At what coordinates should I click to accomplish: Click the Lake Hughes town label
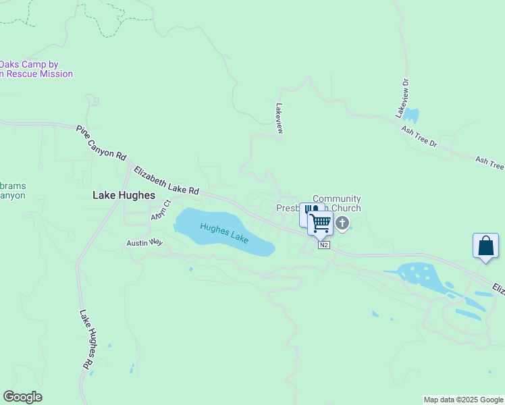(124, 195)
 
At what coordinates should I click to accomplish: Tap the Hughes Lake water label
(224, 234)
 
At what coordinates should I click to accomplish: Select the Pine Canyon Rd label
(101, 142)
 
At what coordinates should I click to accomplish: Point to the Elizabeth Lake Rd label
(167, 181)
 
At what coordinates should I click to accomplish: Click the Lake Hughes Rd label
(86, 340)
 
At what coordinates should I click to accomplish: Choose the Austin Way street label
(145, 242)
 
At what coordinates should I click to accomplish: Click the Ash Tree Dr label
(419, 136)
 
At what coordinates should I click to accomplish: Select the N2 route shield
(325, 244)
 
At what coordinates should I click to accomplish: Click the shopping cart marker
(321, 223)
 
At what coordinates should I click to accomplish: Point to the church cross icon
(342, 223)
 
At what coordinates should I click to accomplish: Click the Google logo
(22, 397)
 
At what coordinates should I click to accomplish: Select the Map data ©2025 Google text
(463, 400)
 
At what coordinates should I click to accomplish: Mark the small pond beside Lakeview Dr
(411, 115)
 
